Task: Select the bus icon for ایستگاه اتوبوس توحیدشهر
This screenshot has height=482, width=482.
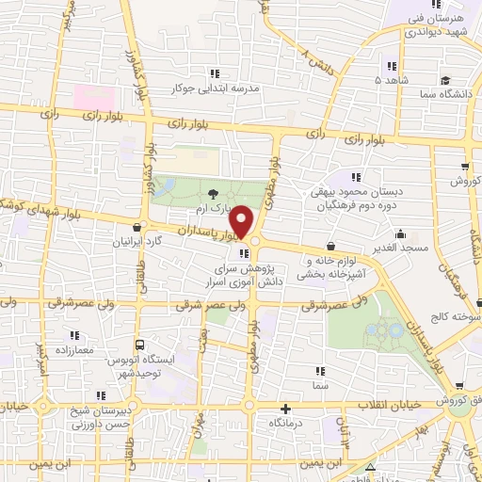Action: (x=140, y=345)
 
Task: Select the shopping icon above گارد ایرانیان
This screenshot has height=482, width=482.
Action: (x=138, y=227)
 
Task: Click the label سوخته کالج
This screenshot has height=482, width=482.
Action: (x=456, y=320)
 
